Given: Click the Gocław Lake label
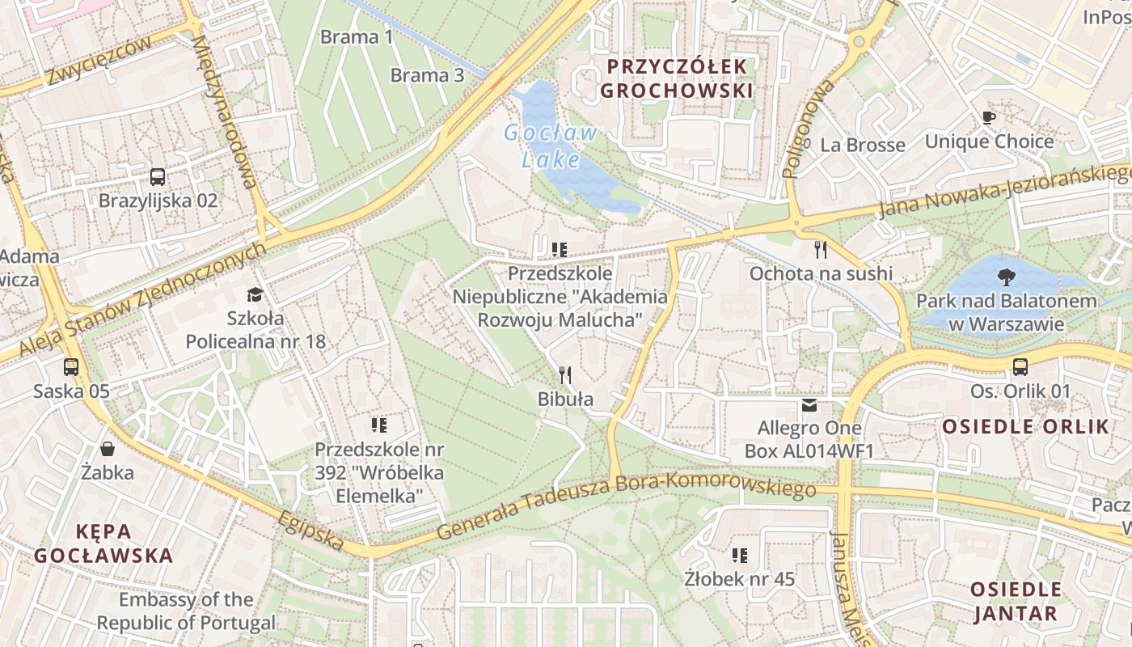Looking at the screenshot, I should [551, 146].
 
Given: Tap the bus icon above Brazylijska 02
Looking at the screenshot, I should [158, 176].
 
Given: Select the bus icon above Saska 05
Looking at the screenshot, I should [71, 367].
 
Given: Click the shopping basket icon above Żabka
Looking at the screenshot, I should [108, 448].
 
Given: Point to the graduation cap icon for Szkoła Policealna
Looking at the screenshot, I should [256, 294].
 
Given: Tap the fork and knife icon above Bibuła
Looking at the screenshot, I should [565, 374].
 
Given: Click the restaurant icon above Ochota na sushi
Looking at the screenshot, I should [821, 249].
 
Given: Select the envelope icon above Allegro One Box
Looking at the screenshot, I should [809, 404].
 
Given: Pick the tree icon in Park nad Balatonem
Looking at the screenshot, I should [1007, 277].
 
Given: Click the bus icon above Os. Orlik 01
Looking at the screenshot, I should [1020, 367].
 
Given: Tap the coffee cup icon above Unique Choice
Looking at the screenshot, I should [989, 118].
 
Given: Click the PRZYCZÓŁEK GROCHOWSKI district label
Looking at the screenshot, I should [676, 78].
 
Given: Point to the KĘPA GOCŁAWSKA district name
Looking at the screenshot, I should [103, 543].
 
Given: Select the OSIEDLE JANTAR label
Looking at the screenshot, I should [1016, 601].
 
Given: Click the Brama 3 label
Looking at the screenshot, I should [427, 75].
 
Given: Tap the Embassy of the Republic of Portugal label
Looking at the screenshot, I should [186, 611].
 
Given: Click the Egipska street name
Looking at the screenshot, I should [310, 531].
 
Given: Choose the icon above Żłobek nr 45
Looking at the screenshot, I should [739, 555].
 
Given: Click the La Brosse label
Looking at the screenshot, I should [863, 145].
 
